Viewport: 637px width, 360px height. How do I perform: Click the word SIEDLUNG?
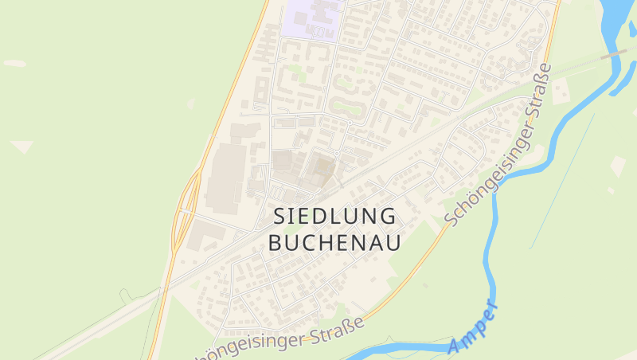[334, 216]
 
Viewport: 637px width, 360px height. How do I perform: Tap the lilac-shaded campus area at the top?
[311, 18]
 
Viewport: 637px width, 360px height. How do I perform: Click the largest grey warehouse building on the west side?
[226, 176]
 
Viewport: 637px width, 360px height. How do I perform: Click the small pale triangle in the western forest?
[21, 147]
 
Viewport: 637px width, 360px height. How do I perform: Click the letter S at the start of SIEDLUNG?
[279, 216]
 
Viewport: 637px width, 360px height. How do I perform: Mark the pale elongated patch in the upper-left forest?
[14, 63]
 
